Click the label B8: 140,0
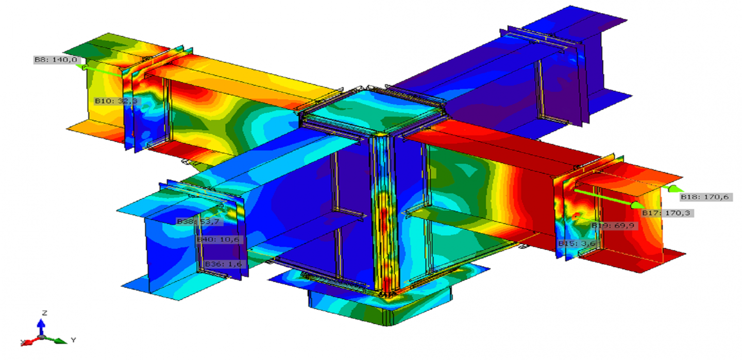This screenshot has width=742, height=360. pyautogui.click(x=56, y=60)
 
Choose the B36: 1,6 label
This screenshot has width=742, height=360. pyautogui.click(x=223, y=264)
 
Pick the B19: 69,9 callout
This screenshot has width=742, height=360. pyautogui.click(x=613, y=226)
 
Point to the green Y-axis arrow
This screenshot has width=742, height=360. pyautogui.click(x=60, y=340)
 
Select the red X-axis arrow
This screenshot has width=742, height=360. pyautogui.click(x=28, y=341)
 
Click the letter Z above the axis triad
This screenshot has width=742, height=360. pyautogui.click(x=45, y=313)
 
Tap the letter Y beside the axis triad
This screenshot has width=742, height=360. pyautogui.click(x=74, y=340)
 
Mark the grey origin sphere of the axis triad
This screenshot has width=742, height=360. pyautogui.click(x=42, y=337)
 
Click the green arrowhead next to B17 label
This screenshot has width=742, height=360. pyautogui.click(x=638, y=205)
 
